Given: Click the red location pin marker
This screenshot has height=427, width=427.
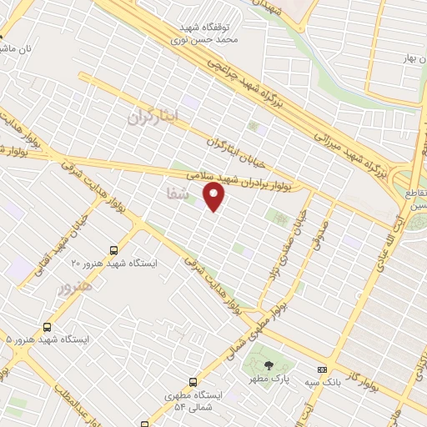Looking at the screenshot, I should [214, 198].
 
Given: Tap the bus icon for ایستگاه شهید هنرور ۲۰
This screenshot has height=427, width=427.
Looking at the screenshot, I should [113, 249].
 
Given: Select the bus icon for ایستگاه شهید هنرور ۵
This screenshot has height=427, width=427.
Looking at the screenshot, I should [46, 327].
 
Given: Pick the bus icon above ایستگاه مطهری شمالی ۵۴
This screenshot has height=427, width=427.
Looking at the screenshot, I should [193, 382].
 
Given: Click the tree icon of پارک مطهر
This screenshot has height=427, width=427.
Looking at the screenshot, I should [268, 365].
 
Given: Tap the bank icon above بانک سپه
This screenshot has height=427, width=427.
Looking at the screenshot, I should [322, 369].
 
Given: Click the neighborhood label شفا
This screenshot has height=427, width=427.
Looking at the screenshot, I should [177, 192].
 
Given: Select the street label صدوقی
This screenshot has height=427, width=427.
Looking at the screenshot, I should [321, 234].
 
